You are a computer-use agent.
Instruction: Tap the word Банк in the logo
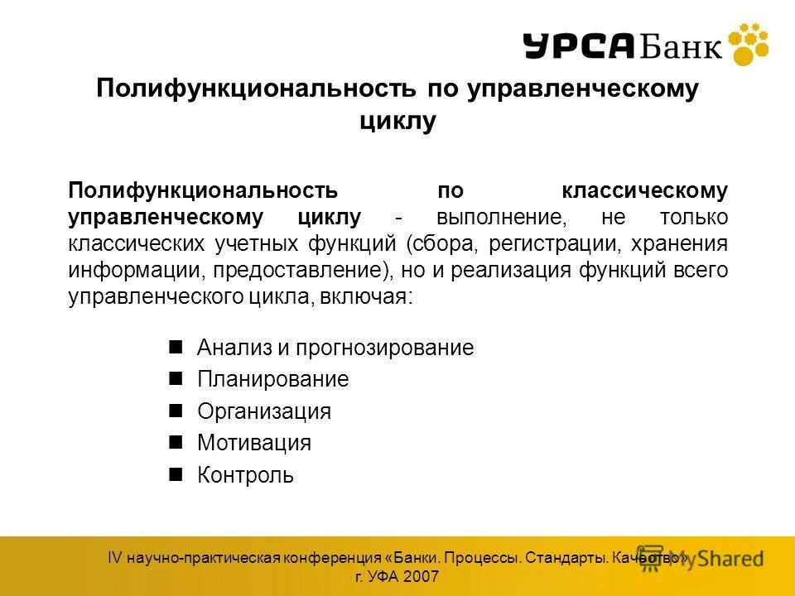click(679, 46)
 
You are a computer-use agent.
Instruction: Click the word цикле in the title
click(397, 121)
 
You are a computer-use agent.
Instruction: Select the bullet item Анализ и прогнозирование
click(335, 348)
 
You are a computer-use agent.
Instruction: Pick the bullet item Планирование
click(272, 380)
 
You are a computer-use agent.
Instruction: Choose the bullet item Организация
click(263, 411)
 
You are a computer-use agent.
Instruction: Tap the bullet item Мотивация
click(253, 443)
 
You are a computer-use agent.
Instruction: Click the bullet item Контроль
click(245, 475)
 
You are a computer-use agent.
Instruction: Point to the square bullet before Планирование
click(175, 379)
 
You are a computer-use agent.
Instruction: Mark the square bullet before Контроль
click(175, 474)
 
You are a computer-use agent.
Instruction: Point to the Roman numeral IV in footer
click(115, 558)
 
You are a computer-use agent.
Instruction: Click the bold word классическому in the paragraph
click(645, 191)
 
